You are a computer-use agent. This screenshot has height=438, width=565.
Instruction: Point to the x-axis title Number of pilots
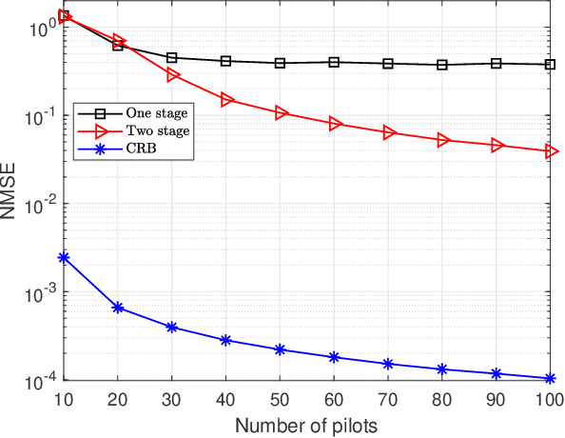(x=307, y=424)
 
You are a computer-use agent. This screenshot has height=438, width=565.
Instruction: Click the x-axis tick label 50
(x=280, y=399)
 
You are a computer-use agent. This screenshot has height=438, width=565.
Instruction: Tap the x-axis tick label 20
(x=118, y=399)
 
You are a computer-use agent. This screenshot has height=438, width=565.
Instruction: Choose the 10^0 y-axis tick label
(x=38, y=29)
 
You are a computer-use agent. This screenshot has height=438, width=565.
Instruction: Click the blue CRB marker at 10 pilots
(x=64, y=257)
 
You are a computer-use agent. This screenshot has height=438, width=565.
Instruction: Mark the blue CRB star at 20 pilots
(x=118, y=308)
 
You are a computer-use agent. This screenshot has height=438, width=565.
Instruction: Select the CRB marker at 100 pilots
(x=550, y=378)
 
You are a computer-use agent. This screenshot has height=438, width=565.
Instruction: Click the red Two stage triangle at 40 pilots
(x=226, y=99)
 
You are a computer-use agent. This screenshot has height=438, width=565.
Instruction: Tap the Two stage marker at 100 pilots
(x=550, y=151)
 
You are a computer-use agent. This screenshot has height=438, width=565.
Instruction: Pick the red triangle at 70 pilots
(x=388, y=133)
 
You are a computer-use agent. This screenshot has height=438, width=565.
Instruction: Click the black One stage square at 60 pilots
(x=334, y=62)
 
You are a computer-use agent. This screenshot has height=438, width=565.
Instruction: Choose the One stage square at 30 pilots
(x=172, y=58)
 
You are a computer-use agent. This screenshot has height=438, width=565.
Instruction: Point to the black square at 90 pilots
(x=496, y=63)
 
